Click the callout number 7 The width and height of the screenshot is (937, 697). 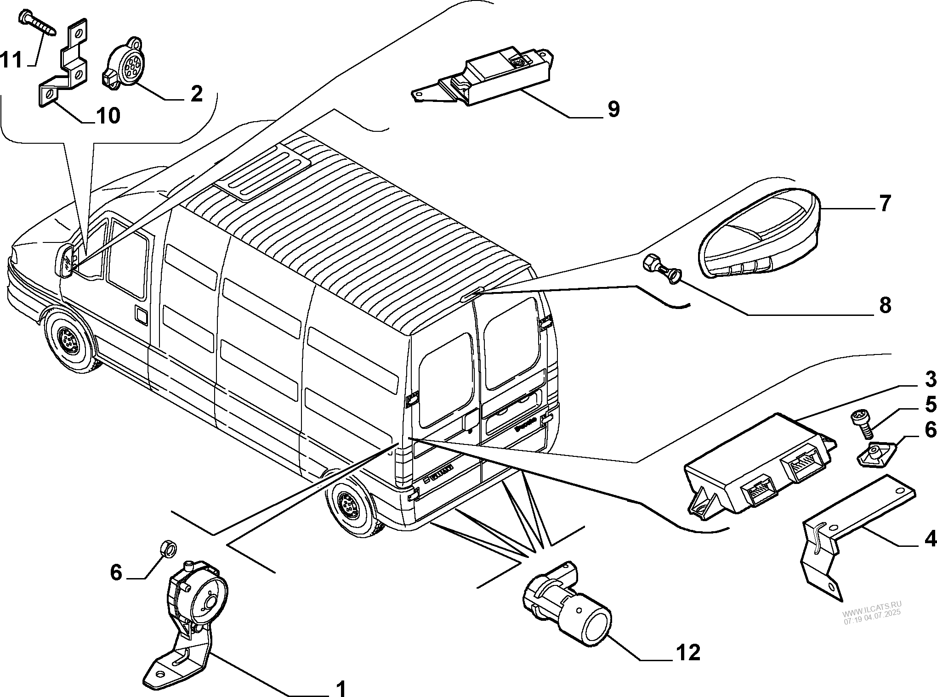coord(885,202)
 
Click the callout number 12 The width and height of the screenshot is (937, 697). coord(687,652)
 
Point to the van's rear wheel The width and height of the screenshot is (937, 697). coord(349,506)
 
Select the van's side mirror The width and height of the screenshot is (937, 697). coord(66,262)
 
